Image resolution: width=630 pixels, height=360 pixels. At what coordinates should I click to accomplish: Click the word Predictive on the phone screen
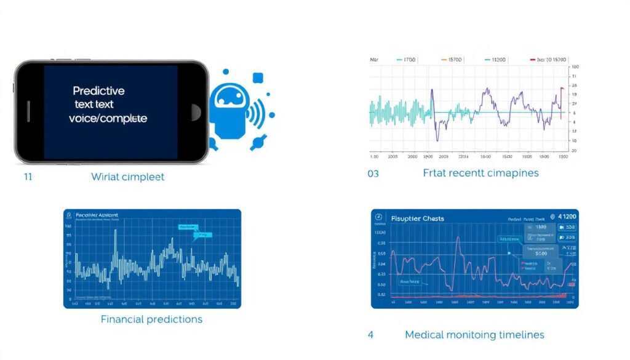pyautogui.click(x=98, y=91)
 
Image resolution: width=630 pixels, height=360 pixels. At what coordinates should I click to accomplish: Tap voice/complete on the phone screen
pyautogui.click(x=108, y=118)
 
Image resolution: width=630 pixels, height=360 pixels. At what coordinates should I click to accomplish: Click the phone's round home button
pyautogui.click(x=196, y=112)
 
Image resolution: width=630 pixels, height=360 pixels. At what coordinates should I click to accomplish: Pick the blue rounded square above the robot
pyautogui.click(x=258, y=78)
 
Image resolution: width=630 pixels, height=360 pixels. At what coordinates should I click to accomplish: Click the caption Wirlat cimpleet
pyautogui.click(x=127, y=177)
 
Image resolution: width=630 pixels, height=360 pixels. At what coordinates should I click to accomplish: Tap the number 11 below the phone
pyautogui.click(x=28, y=177)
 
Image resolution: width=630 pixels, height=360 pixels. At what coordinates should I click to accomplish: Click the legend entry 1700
pyautogui.click(x=407, y=60)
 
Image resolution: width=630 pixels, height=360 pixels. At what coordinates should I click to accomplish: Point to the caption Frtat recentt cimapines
pyautogui.click(x=480, y=173)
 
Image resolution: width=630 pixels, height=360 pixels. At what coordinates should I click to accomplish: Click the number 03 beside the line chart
pyautogui.click(x=373, y=174)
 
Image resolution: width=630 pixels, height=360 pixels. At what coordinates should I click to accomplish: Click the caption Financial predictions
pyautogui.click(x=151, y=319)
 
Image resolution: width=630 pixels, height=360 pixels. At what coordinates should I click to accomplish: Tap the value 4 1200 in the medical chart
pyautogui.click(x=564, y=217)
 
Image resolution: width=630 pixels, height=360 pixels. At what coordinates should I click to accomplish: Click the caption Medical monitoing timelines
pyautogui.click(x=474, y=335)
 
